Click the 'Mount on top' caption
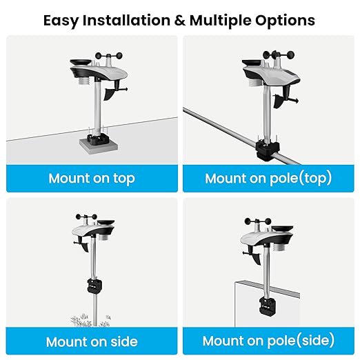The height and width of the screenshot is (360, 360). pos(91,179)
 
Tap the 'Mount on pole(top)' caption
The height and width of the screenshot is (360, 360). pos(268,179)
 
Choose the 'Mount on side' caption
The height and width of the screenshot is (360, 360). pos(91,341)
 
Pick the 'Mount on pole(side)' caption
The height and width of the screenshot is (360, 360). pos(268,341)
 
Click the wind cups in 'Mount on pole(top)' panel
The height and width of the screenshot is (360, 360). pos(278,54)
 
